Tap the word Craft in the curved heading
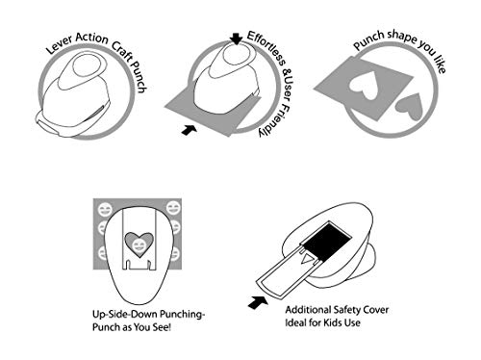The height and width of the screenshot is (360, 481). point(122,51)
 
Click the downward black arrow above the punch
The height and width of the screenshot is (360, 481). point(237,39)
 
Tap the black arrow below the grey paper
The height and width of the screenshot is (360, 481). point(189,130)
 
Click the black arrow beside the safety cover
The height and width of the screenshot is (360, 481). point(258,302)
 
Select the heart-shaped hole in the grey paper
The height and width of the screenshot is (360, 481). point(363,85)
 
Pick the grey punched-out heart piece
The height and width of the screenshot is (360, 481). point(410,107)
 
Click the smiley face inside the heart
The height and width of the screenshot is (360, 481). point(139,245)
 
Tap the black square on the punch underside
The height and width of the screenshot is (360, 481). point(327,242)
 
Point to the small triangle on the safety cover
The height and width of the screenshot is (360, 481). point(307,258)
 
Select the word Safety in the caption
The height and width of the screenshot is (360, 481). point(349,310)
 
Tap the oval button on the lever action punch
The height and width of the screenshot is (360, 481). point(85,65)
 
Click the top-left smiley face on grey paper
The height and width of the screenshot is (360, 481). point(105,209)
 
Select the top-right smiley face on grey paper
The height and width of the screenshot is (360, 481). point(173,209)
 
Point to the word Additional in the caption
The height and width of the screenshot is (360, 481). point(308,310)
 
